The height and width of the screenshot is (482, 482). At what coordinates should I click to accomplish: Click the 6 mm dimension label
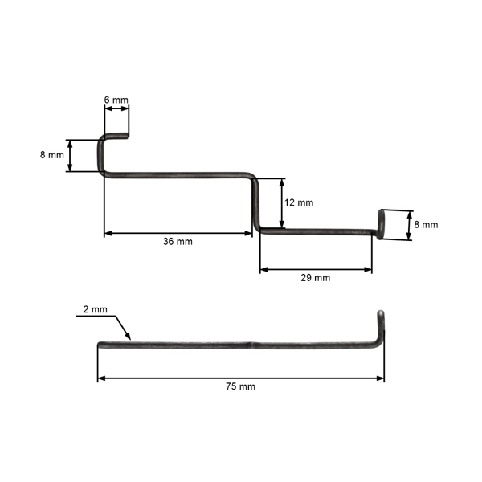coord(116,100)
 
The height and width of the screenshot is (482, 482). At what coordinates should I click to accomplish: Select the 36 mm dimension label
coord(178,241)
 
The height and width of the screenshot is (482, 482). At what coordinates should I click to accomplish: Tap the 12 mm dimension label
coord(300,202)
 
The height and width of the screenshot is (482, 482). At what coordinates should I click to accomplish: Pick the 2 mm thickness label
coord(94,309)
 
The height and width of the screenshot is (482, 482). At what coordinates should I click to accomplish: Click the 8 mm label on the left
coord(51,155)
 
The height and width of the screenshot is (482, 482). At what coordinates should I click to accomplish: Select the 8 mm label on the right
coord(426,225)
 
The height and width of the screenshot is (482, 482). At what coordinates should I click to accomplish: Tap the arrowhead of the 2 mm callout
coord(129,337)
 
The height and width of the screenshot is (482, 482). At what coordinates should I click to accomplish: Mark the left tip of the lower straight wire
coord(100,346)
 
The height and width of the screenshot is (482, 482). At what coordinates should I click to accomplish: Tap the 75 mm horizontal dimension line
coord(241,377)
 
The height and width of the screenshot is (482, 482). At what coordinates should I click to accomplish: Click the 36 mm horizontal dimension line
coord(178,233)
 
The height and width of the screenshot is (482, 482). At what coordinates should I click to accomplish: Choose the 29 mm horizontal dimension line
coord(316,270)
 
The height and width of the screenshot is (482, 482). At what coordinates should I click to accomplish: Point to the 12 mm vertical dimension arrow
coord(282,202)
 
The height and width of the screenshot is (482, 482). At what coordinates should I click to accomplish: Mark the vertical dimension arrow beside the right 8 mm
coord(409,225)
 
